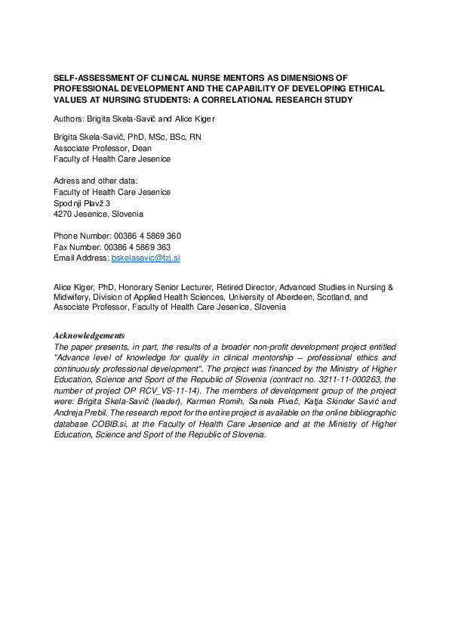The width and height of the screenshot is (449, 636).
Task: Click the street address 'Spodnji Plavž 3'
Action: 82,203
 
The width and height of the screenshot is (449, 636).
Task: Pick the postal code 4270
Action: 63,214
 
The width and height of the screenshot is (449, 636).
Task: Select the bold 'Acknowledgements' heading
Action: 89,335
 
